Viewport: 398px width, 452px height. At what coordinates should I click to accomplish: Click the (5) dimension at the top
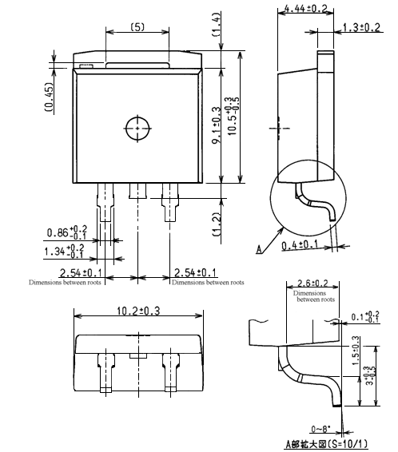(x=137, y=27)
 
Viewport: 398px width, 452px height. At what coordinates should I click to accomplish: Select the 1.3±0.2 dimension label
(x=362, y=27)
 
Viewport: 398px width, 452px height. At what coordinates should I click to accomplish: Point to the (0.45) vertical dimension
(x=49, y=96)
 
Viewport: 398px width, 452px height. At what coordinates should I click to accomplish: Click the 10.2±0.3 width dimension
(x=138, y=308)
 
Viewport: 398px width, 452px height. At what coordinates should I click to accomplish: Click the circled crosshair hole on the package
(x=138, y=126)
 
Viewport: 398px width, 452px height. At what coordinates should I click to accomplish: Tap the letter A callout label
(x=259, y=249)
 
